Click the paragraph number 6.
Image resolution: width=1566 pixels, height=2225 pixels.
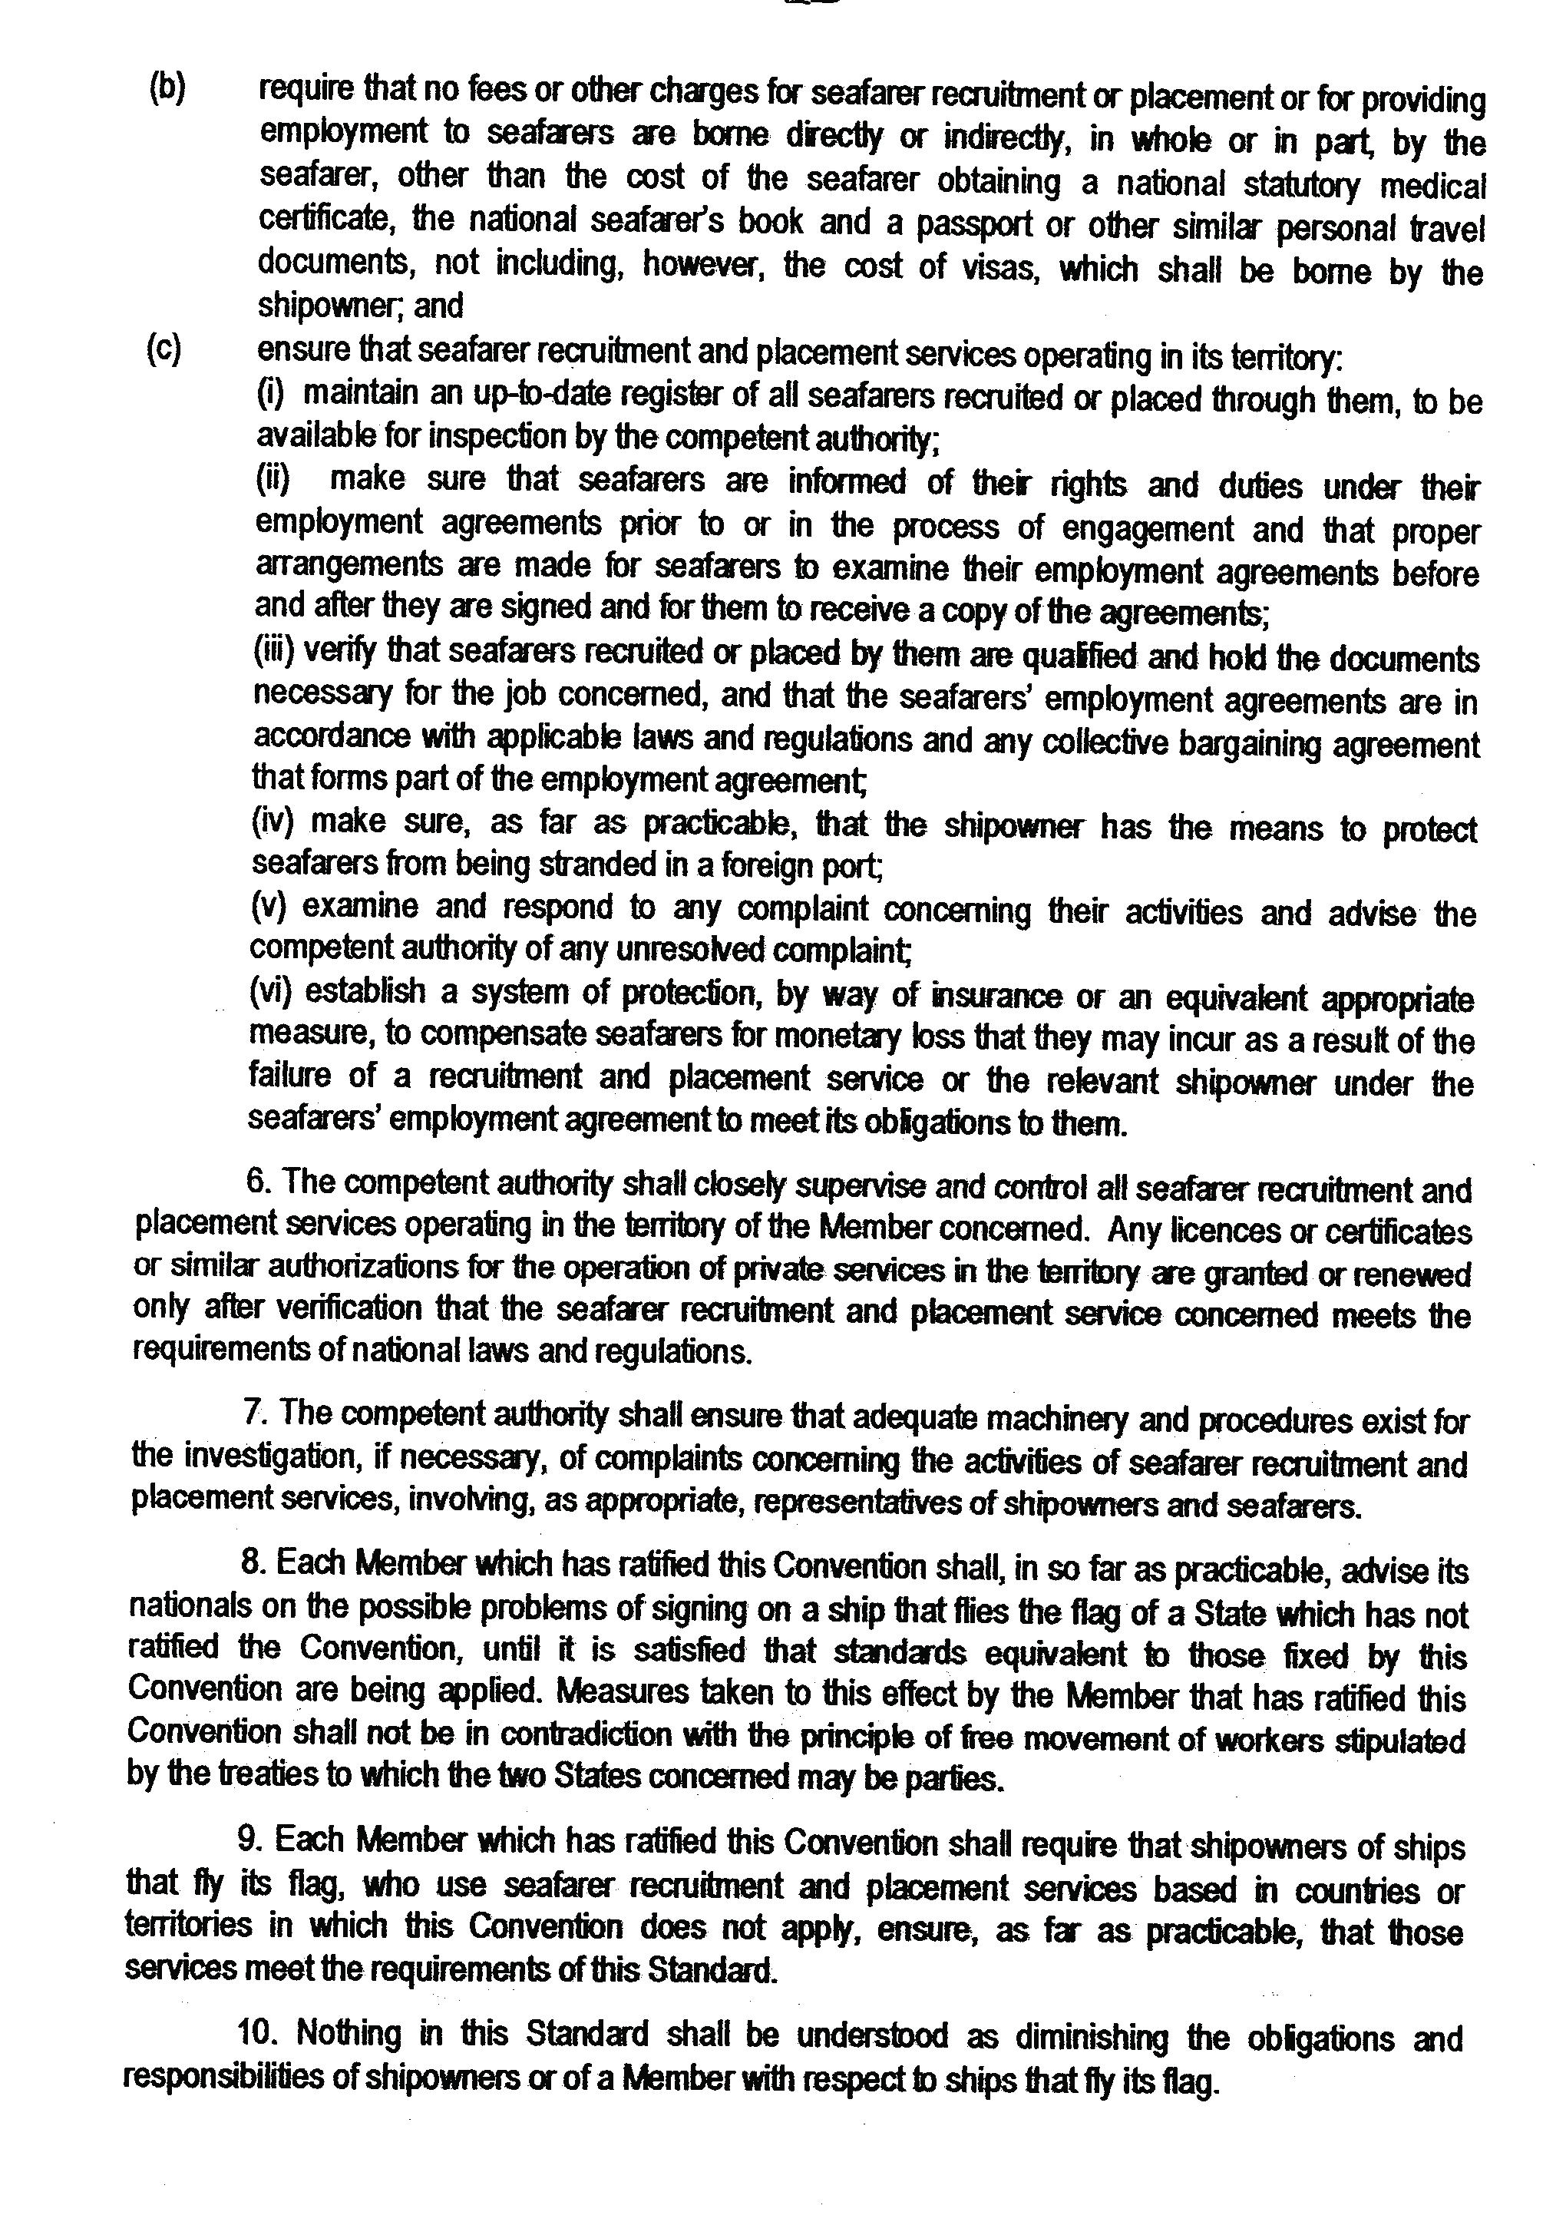coord(256,1183)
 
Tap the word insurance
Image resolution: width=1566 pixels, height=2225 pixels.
coord(1007,997)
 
